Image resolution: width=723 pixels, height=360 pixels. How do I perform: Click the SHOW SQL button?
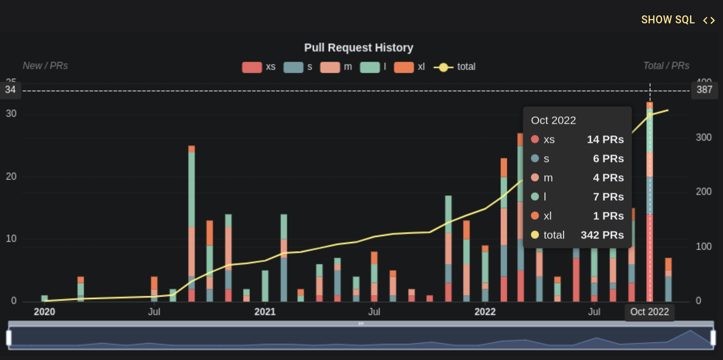coord(677,20)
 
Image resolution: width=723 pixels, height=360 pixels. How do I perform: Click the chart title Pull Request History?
coord(359,48)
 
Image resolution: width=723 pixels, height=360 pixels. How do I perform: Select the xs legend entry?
coord(259,67)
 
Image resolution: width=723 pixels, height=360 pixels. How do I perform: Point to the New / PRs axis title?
coord(45,66)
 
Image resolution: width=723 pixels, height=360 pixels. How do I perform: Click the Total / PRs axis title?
coord(666,66)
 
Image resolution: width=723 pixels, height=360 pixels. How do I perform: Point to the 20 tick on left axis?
coord(11,176)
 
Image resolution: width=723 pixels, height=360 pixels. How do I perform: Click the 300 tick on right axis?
coord(703,138)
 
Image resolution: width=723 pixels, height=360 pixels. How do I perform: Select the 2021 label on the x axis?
coord(265,312)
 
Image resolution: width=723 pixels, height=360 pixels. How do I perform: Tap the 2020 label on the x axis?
coord(45,312)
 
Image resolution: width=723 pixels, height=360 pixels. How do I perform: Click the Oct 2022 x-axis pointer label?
coord(649,312)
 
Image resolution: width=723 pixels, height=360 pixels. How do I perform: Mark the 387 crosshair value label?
coord(704,90)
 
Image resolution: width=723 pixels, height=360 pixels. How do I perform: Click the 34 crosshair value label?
coord(11,90)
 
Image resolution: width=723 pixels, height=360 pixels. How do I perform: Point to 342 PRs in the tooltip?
coord(602,235)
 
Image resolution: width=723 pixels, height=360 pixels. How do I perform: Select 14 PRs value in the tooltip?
coord(605,140)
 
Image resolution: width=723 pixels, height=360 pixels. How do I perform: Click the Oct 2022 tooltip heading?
coord(554,120)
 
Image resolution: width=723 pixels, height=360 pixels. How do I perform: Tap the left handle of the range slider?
coord(9,338)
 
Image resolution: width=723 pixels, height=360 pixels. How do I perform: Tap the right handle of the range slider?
coord(713,338)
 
